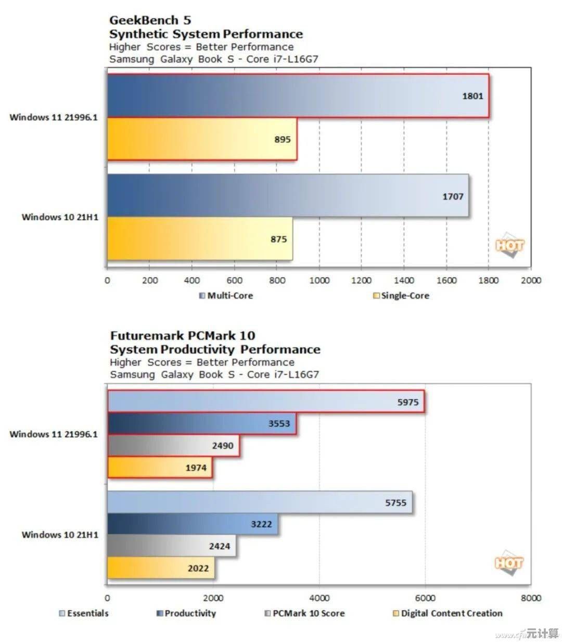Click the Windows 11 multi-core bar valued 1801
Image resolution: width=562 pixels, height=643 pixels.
pyautogui.click(x=298, y=96)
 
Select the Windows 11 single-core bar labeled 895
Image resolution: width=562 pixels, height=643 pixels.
pyautogui.click(x=202, y=139)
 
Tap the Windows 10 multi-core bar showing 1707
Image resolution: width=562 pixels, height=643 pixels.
pyautogui.click(x=288, y=196)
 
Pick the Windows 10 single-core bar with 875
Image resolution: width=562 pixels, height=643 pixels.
pyautogui.click(x=200, y=239)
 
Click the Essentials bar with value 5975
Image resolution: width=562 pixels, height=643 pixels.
pyautogui.click(x=265, y=402)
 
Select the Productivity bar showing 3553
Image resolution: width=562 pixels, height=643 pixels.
pyautogui.click(x=202, y=423)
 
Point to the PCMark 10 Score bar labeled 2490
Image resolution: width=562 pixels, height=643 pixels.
pyautogui.click(x=173, y=446)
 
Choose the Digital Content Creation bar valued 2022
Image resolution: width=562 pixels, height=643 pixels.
pyautogui.click(x=161, y=568)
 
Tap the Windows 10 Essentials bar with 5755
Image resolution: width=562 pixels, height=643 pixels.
pyautogui.click(x=260, y=503)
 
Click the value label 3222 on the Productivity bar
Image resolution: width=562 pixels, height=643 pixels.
pyautogui.click(x=261, y=524)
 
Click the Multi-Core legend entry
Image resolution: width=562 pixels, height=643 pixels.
pyautogui.click(x=226, y=296)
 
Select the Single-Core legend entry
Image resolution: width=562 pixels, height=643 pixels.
pyautogui.click(x=401, y=296)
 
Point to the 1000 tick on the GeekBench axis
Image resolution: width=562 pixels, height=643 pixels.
pyautogui.click(x=319, y=280)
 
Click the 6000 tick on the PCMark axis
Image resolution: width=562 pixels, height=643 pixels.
pyautogui.click(x=425, y=598)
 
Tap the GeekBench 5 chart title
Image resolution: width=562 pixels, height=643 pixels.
pyautogui.click(x=150, y=20)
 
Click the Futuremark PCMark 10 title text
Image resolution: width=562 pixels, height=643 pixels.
pyautogui.click(x=183, y=336)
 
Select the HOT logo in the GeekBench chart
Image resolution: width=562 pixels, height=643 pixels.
pyautogui.click(x=509, y=245)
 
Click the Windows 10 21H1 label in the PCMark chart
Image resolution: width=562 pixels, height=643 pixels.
pyautogui.click(x=60, y=535)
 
